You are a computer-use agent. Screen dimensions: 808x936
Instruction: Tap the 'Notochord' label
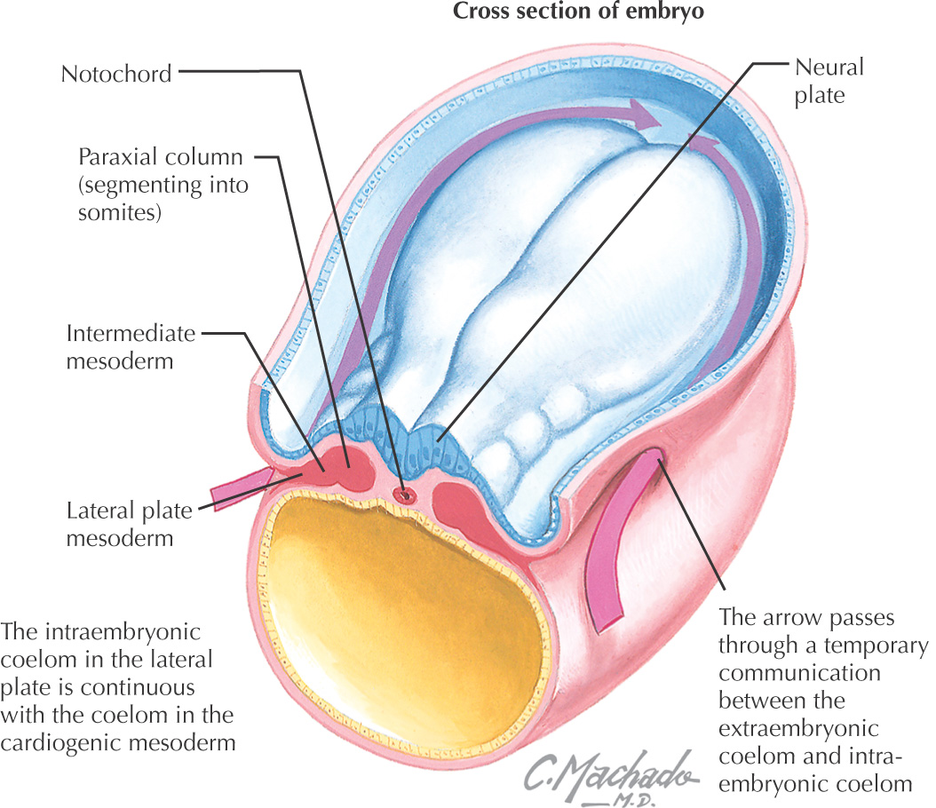[116, 73]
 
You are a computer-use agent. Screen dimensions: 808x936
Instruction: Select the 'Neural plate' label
[829, 81]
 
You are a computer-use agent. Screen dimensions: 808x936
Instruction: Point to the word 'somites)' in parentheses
[119, 213]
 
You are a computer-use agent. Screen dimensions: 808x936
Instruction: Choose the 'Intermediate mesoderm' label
[131, 348]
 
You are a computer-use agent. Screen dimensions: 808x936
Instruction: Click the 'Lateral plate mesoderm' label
[131, 524]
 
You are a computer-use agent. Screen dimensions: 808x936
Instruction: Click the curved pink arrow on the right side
[613, 551]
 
